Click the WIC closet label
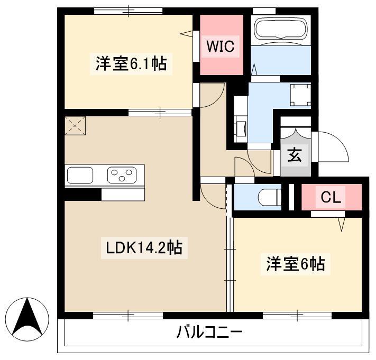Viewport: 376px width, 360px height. (221, 47)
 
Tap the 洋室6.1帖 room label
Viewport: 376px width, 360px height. (131, 64)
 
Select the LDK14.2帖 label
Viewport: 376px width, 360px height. (144, 247)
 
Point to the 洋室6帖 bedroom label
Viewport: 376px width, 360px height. (296, 264)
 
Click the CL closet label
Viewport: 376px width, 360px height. (331, 198)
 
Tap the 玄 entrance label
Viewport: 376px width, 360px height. (295, 155)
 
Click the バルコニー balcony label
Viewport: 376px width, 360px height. (209, 332)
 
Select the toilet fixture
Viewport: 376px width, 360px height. (270, 198)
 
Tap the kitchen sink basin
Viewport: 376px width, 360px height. (80, 175)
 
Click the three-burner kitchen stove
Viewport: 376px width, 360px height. (122, 175)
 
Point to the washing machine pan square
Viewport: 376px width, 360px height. (300, 95)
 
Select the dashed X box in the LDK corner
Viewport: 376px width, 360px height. (75, 126)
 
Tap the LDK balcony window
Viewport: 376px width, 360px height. (128, 316)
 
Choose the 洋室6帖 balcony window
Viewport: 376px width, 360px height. (297, 316)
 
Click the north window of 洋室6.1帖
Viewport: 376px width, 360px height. (129, 11)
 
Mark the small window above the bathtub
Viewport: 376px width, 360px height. (264, 11)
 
